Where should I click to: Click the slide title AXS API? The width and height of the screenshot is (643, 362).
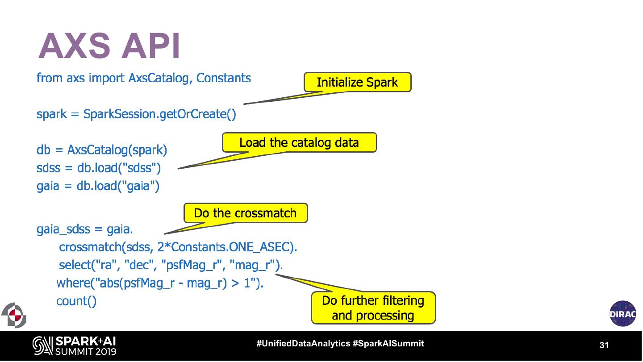click(x=109, y=46)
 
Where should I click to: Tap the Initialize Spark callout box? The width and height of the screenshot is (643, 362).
click(x=357, y=83)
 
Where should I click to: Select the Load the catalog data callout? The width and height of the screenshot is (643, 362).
click(x=299, y=143)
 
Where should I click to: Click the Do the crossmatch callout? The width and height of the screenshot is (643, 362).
click(x=246, y=213)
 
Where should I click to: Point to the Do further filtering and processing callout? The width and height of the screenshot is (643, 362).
click(x=373, y=308)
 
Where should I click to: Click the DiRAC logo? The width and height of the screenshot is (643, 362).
click(x=622, y=313)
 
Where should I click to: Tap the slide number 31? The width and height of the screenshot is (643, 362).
click(x=604, y=345)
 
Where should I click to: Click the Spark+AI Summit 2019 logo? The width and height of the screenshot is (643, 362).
click(x=74, y=345)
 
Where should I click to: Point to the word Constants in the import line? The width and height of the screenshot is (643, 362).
click(x=224, y=78)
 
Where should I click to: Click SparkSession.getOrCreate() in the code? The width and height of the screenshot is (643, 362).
click(x=160, y=114)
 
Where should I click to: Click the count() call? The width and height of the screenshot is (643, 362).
click(x=76, y=301)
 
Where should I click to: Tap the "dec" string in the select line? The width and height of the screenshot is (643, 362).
click(x=140, y=265)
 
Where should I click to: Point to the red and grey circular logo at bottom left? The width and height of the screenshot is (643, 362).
click(x=14, y=315)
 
